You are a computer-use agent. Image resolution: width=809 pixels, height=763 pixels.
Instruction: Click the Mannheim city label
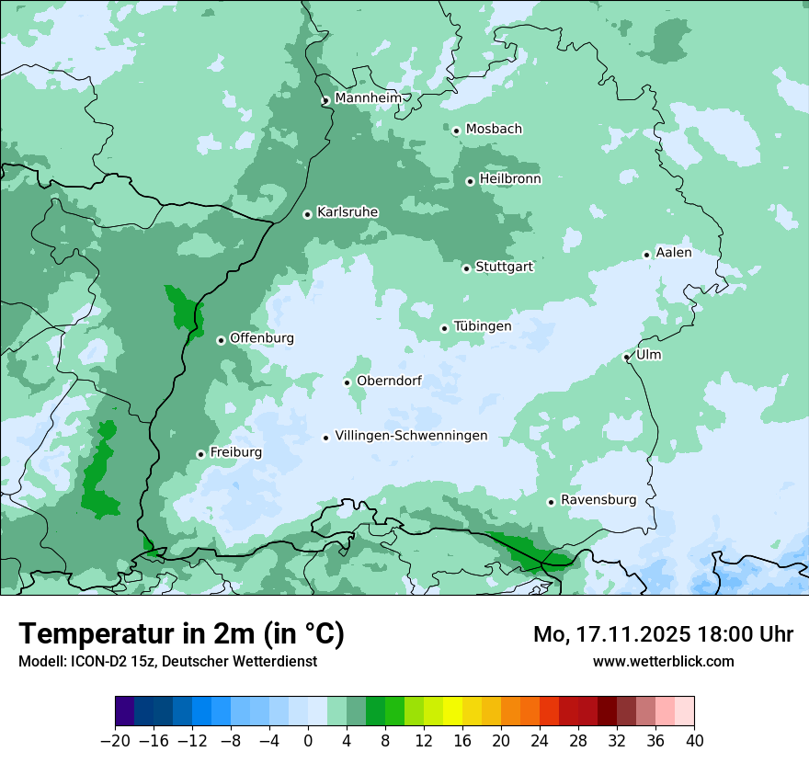(x=368, y=97)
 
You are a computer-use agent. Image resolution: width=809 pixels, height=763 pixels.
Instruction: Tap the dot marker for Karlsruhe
(x=308, y=214)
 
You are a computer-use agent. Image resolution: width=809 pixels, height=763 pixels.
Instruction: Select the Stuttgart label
(x=504, y=267)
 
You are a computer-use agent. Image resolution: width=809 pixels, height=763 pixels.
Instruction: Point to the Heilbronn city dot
(x=470, y=181)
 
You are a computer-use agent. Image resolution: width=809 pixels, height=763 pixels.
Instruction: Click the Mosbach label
(x=494, y=129)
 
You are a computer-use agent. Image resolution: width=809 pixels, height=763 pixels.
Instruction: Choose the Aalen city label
(x=674, y=253)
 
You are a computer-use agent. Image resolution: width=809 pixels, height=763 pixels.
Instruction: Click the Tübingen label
(x=483, y=326)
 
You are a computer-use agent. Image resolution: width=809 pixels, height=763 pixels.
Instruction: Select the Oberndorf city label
(x=389, y=381)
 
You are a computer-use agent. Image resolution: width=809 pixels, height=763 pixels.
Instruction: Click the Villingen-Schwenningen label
(x=411, y=436)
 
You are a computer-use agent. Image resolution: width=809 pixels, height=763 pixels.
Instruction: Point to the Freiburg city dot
(x=200, y=454)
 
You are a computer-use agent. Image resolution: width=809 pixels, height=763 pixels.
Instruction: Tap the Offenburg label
(x=262, y=338)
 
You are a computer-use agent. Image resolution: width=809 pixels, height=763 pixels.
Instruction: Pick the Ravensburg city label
(x=598, y=500)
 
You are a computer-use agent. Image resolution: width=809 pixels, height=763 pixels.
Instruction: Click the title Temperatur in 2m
(x=182, y=633)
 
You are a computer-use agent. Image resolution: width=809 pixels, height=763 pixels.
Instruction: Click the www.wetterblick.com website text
(x=663, y=661)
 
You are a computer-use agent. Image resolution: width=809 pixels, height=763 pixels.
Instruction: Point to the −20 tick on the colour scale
(x=115, y=741)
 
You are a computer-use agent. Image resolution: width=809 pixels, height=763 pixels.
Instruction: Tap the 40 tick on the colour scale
(x=694, y=741)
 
